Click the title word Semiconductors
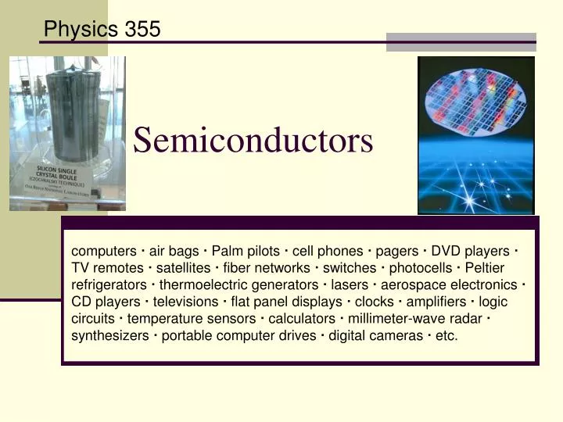tap(253, 141)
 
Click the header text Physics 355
tap(102, 30)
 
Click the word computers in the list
tap(104, 251)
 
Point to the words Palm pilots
tap(246, 251)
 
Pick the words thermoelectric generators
tap(238, 285)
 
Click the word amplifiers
tap(435, 302)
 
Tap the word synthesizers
tap(109, 336)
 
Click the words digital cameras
tap(372, 336)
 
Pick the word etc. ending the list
tap(446, 336)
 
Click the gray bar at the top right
tap(461, 42)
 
